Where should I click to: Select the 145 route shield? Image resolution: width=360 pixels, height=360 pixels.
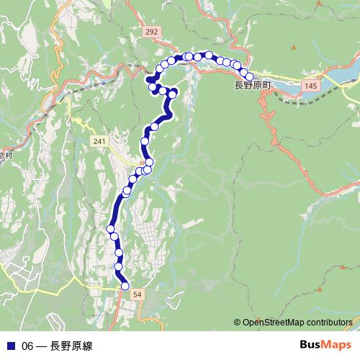[x=310, y=86]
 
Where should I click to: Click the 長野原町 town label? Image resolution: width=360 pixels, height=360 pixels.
[x=253, y=86]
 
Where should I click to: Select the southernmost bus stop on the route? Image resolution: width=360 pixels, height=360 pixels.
[x=125, y=286]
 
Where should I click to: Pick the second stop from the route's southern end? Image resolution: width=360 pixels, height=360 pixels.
[x=119, y=267]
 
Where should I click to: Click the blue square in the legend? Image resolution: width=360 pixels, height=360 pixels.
[x=10, y=346]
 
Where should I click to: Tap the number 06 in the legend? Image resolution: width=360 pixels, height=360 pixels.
[x=28, y=346]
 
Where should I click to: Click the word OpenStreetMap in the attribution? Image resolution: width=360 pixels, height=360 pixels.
[x=274, y=323]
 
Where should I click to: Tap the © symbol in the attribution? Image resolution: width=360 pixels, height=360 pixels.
[x=237, y=323]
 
